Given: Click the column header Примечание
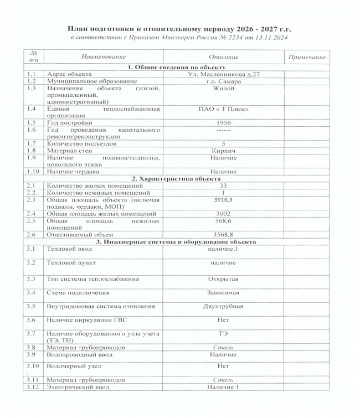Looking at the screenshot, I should [x=306, y=57].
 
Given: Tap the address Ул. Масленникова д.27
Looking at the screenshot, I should [x=224, y=74].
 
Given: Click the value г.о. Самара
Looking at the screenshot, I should [x=224, y=81].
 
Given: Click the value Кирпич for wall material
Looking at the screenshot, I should [x=224, y=149].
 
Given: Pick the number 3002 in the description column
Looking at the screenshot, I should [x=224, y=213].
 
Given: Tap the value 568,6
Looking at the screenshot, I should [x=224, y=220].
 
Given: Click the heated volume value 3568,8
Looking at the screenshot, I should [x=224, y=234].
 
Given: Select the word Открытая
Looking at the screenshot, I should [x=224, y=278].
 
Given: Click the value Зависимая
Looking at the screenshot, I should [x=224, y=292].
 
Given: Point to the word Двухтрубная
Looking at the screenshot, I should [x=224, y=306].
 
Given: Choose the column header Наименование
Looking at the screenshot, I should [x=103, y=57].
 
